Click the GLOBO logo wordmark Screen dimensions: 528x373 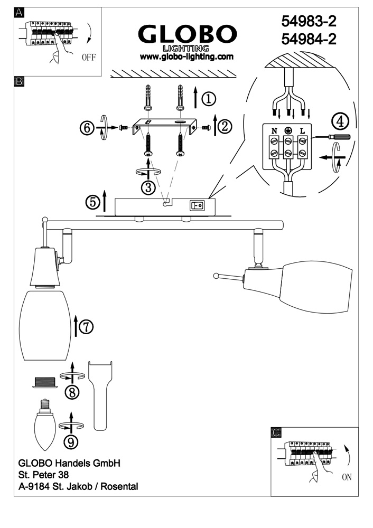186,35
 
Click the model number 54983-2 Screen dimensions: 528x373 310,21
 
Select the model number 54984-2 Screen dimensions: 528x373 310,39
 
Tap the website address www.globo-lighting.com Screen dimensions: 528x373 186,56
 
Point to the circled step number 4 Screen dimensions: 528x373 340,121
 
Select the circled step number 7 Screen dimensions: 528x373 86,327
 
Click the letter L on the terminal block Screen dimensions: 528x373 302,129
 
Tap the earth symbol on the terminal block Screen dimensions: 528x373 288,129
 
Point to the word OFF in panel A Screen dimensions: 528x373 89,58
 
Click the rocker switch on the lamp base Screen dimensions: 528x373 199,204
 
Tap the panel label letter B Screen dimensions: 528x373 19,82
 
